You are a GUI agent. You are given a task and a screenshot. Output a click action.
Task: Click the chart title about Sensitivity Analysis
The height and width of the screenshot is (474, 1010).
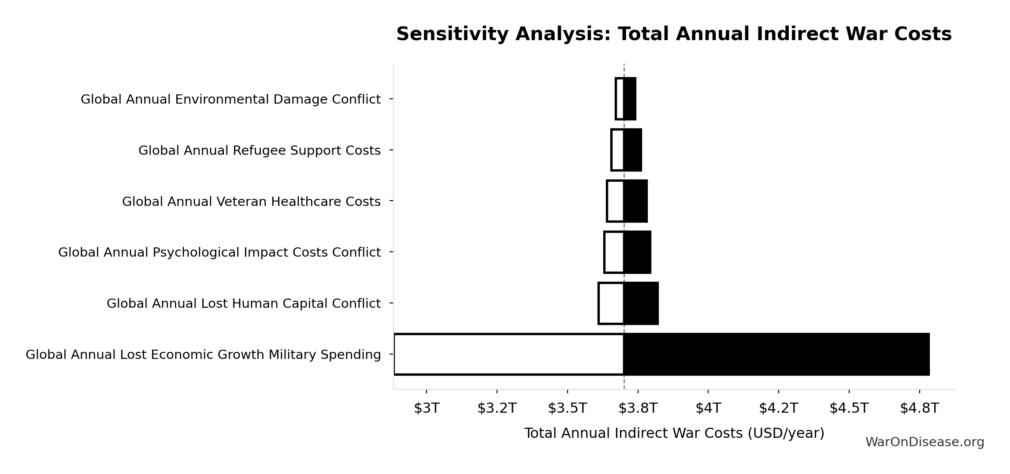pos(674,34)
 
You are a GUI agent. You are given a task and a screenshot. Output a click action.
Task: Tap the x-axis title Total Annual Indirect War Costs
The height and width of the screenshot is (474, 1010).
pos(674,433)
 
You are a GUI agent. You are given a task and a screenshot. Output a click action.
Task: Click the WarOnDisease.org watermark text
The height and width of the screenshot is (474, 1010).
pos(925,442)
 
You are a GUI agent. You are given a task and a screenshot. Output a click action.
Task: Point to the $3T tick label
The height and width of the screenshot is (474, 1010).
pos(427,408)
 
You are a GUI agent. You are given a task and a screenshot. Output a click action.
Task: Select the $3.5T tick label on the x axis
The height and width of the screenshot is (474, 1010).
pos(567,408)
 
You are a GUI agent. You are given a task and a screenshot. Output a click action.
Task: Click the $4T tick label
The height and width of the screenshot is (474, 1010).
pos(708,408)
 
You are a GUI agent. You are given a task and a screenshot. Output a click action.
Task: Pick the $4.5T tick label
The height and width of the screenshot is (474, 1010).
pos(849,408)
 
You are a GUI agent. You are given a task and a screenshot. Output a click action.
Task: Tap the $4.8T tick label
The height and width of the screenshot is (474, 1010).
pos(919,408)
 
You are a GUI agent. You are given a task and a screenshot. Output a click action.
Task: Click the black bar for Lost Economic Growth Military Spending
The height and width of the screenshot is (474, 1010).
pos(776,355)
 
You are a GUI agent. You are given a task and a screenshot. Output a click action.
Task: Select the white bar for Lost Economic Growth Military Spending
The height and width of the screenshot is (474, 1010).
pos(509,355)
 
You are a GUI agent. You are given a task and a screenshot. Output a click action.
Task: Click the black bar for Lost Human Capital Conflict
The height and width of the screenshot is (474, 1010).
pos(641,303)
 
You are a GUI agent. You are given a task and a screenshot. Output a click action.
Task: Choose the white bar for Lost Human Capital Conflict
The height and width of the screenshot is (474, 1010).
pos(611,303)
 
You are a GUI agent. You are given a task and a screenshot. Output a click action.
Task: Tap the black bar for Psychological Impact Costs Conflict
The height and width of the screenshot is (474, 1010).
pos(637,252)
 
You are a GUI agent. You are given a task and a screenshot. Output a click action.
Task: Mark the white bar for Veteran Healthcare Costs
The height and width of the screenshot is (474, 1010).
pos(616,201)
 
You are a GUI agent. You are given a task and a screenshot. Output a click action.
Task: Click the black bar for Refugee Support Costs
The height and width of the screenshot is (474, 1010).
pos(633,150)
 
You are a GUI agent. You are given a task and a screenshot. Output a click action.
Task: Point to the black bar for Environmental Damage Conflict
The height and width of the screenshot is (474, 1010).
pos(630,99)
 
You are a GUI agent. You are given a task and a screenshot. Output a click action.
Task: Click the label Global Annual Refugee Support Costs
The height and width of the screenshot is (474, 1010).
pos(259,150)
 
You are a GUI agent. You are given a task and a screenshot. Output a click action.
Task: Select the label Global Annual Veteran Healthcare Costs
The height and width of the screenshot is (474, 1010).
pos(251,202)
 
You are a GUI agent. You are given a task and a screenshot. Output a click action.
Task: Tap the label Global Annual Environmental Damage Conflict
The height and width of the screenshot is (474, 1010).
pos(230,99)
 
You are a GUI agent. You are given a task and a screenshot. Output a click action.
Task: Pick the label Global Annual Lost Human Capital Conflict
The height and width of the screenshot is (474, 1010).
pos(243,303)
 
